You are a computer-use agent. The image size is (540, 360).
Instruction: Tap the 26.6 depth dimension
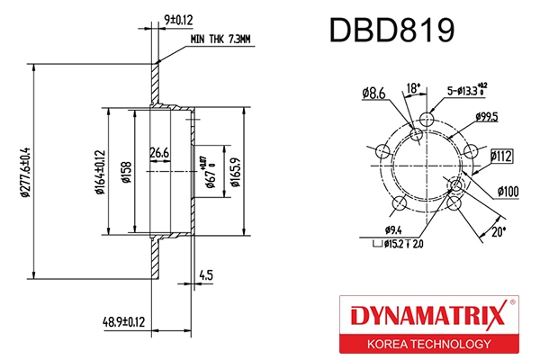point(159,153)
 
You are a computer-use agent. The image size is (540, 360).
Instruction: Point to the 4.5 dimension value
point(205,275)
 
